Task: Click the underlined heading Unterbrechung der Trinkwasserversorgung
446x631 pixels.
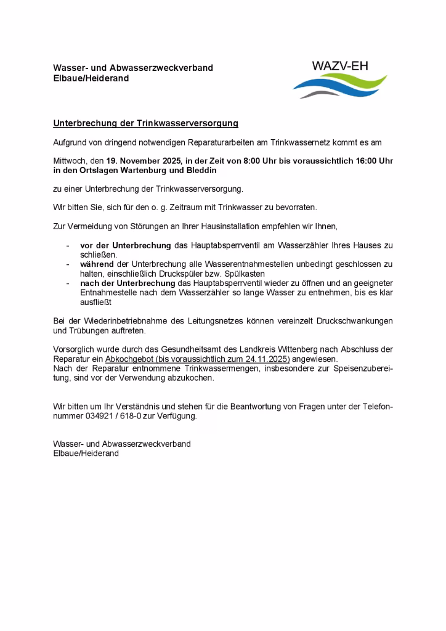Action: click(x=145, y=123)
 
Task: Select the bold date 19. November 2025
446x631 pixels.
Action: click(x=144, y=160)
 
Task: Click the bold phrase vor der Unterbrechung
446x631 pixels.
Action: click(x=126, y=245)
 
